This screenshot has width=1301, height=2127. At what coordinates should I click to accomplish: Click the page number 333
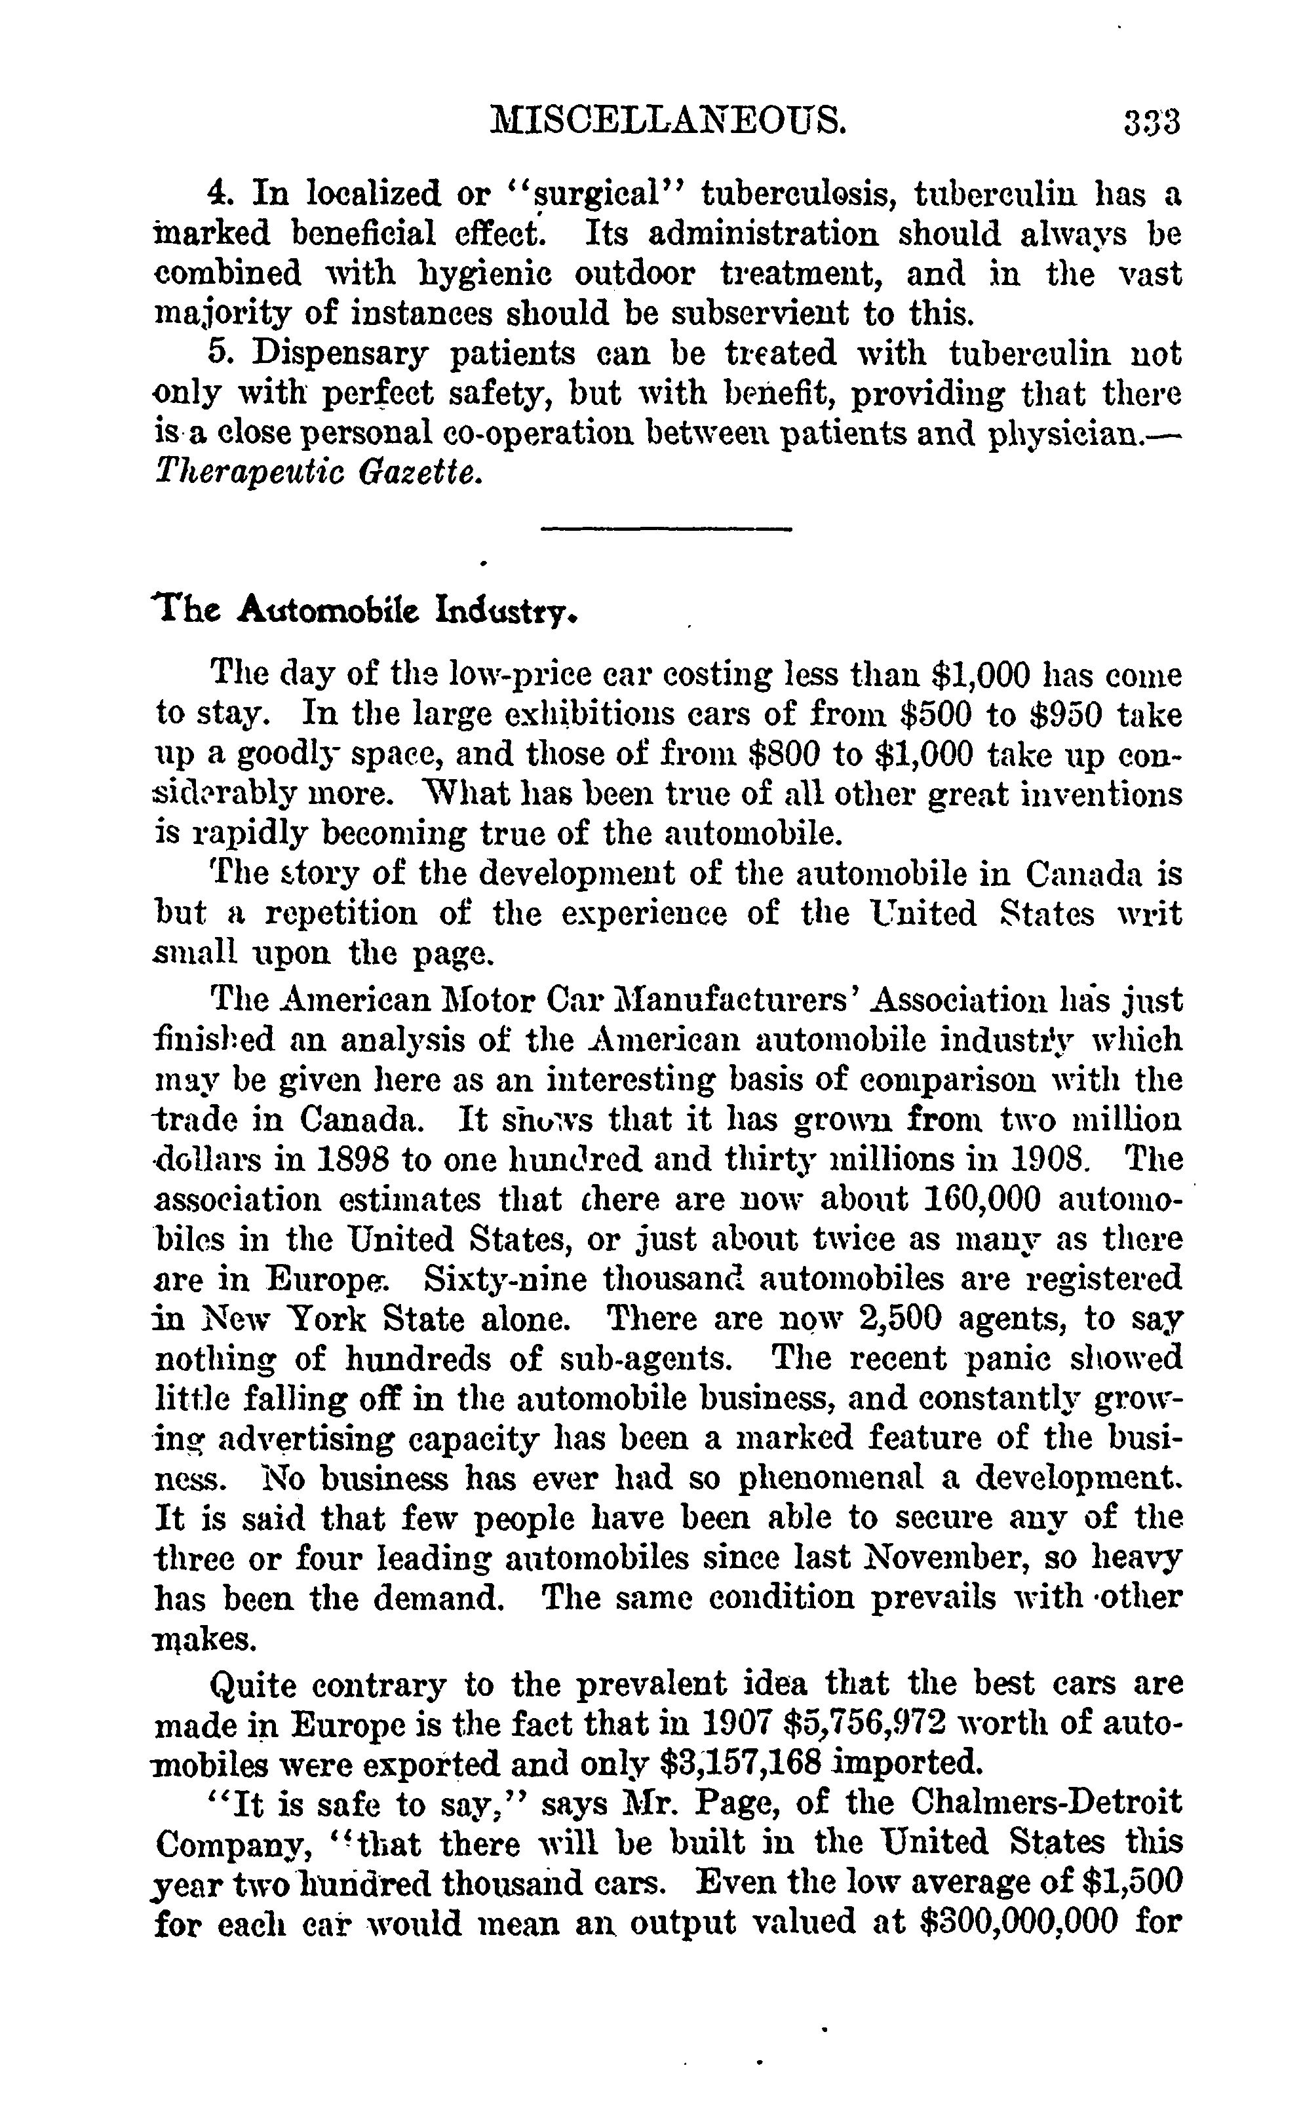(x=1152, y=123)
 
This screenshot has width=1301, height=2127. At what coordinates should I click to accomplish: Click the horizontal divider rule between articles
(x=666, y=528)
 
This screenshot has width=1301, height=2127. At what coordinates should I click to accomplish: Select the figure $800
(x=784, y=754)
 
